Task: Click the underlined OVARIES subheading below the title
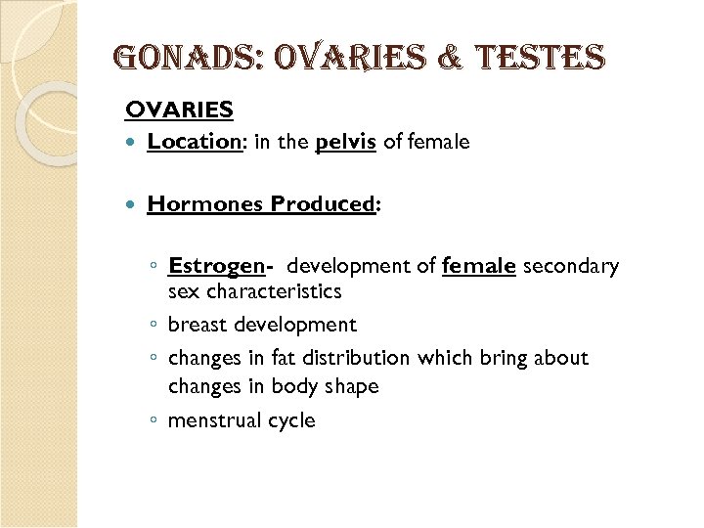tap(179, 110)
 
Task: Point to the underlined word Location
tap(194, 142)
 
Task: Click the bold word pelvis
tap(345, 143)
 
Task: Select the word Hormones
tap(205, 204)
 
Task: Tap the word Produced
tap(324, 204)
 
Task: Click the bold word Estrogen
tap(216, 267)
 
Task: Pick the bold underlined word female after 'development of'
tap(478, 266)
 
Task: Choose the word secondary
tap(571, 266)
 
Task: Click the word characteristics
tap(274, 291)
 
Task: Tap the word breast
tap(198, 325)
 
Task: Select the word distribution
tap(357, 358)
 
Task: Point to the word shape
tap(351, 386)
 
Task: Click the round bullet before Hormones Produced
tap(133, 205)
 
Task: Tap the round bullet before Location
tap(133, 143)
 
